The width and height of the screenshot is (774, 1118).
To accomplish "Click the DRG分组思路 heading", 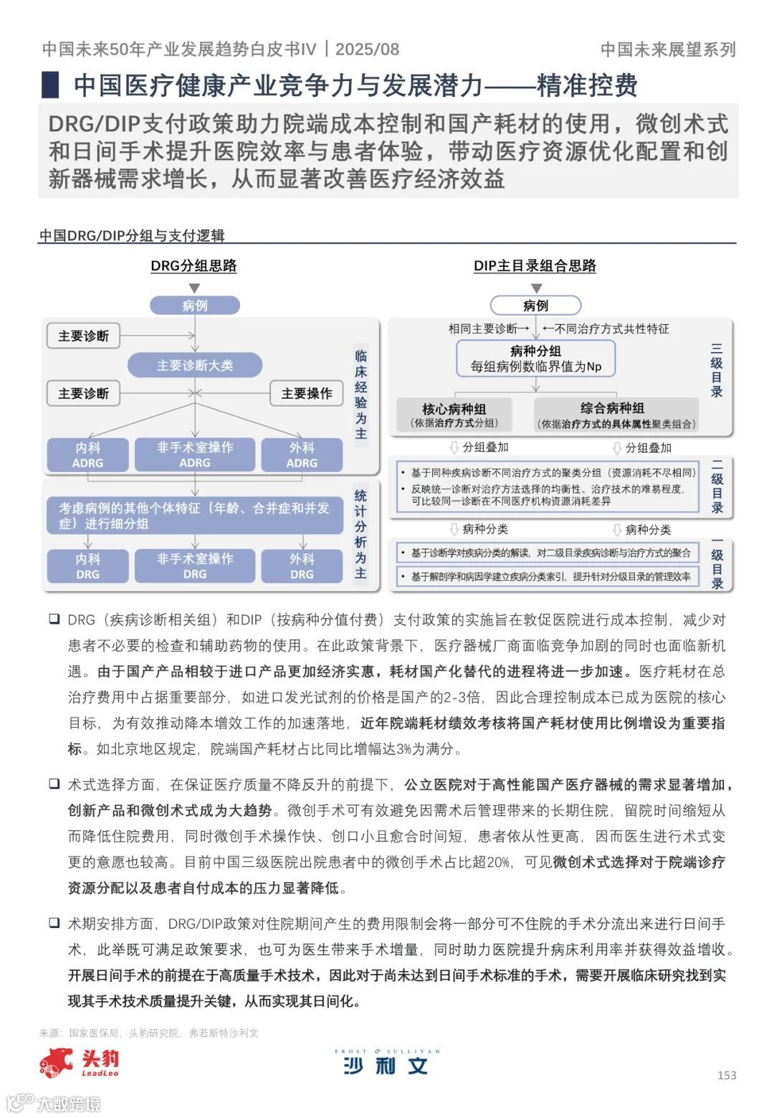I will tap(193, 266).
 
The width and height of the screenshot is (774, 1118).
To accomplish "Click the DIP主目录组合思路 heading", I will tap(535, 266).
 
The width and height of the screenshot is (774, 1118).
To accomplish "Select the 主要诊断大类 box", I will tap(195, 365).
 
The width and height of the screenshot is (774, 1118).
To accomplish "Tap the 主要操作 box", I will tap(307, 394).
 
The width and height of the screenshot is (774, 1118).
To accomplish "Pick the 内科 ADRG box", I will tap(87, 455).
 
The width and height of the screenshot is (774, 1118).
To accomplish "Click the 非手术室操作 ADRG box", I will tap(195, 455).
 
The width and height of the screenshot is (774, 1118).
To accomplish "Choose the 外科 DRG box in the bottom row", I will tap(302, 566).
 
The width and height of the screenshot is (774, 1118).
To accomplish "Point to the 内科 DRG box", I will tap(87, 566).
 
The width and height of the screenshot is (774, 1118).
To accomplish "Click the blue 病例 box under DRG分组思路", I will tap(194, 305).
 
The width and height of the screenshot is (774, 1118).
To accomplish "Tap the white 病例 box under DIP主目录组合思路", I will tap(535, 305).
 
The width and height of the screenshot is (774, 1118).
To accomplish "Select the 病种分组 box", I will tap(535, 358).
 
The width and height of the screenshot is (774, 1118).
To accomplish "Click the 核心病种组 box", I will tap(454, 414).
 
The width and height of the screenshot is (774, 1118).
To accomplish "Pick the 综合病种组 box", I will tap(616, 414).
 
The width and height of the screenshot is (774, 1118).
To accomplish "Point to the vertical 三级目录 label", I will tap(717, 370).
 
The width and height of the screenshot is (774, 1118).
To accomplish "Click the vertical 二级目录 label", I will tap(717, 486).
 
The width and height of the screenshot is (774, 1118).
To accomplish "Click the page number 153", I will tap(727, 1074).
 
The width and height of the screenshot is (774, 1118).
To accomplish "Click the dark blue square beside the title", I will tap(50, 85).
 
